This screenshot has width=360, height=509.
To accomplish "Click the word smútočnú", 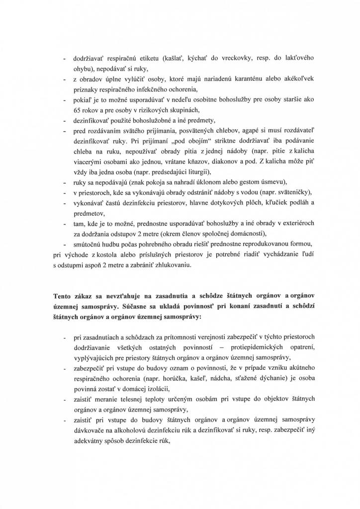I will pos(89,245).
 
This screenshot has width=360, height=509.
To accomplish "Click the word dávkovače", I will pos(90,430).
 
